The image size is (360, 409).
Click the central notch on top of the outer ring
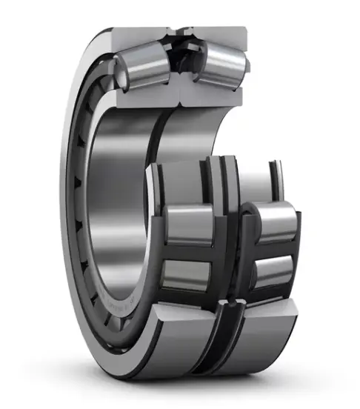pyautogui.click(x=180, y=31)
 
